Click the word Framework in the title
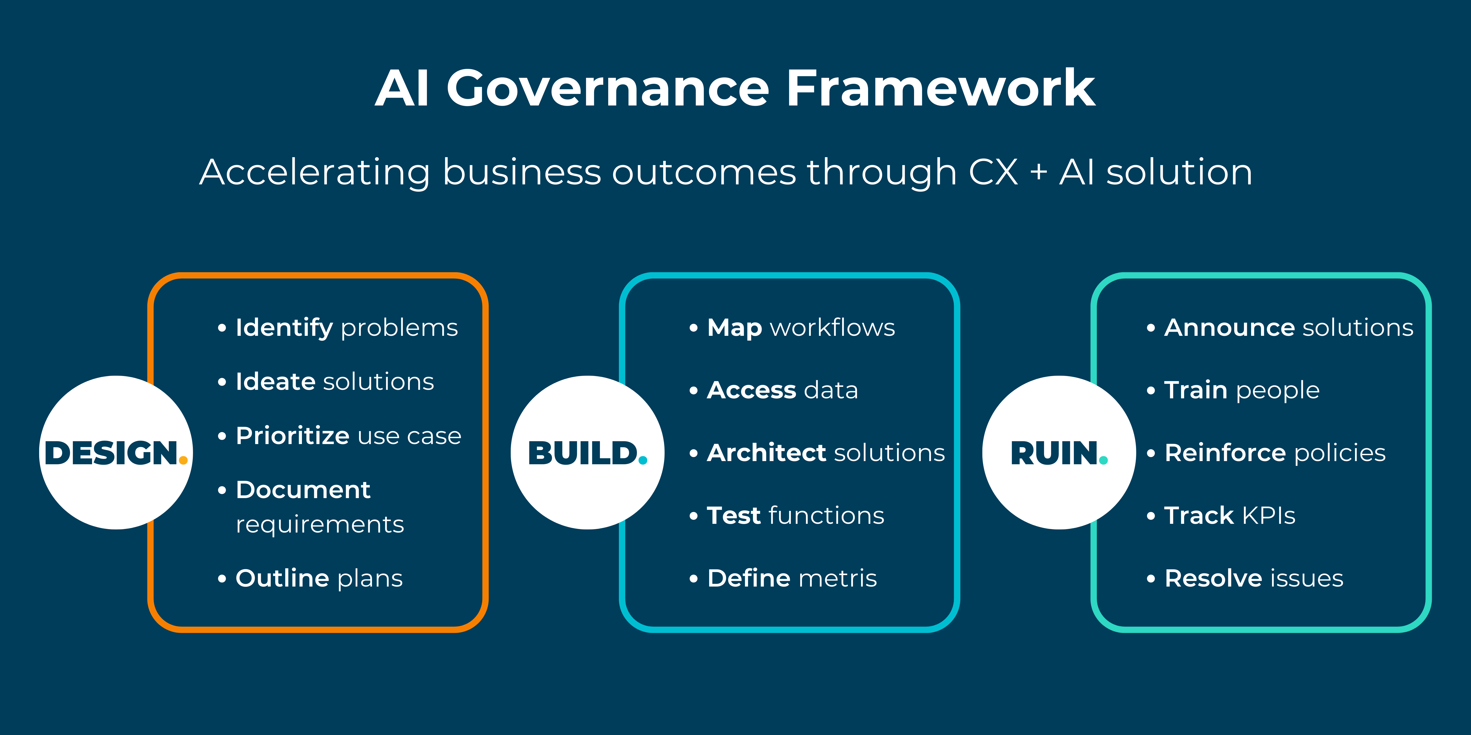point(940,88)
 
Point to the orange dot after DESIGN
point(183,460)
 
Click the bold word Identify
point(284,328)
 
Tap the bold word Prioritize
point(292,436)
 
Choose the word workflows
point(832,328)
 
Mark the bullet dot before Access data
point(693,391)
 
